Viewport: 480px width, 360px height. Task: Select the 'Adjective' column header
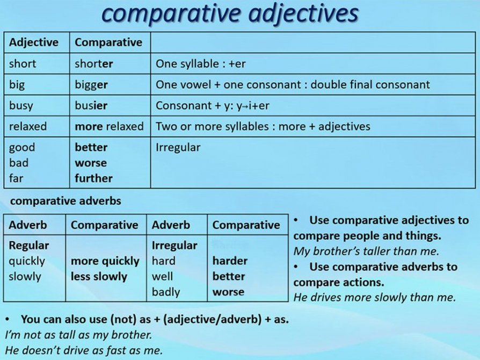tap(33, 42)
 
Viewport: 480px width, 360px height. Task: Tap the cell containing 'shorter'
tap(94, 63)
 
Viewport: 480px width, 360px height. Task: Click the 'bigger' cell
tap(91, 85)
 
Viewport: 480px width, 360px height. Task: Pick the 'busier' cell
tap(91, 106)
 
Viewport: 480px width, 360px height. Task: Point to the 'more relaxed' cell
tap(109, 127)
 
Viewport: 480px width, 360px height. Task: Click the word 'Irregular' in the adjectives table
tap(178, 147)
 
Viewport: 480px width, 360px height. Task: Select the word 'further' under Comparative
tap(93, 178)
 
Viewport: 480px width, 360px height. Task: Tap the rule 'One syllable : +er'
tap(200, 63)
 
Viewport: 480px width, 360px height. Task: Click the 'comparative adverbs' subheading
tap(66, 201)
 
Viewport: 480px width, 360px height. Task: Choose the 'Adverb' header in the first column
tap(28, 225)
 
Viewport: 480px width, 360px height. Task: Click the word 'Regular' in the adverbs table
tap(29, 246)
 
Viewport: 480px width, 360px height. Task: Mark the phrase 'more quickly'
tap(105, 261)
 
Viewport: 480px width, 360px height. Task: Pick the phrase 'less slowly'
tap(99, 277)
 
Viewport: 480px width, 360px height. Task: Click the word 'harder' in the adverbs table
tap(230, 261)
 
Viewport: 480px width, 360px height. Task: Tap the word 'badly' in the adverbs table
tap(165, 292)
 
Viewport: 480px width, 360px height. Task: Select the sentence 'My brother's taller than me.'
tap(366, 251)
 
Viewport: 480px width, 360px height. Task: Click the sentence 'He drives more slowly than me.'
tap(374, 297)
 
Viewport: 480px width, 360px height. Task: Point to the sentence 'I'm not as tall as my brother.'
tap(78, 334)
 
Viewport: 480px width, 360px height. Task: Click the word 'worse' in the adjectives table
tap(91, 163)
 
